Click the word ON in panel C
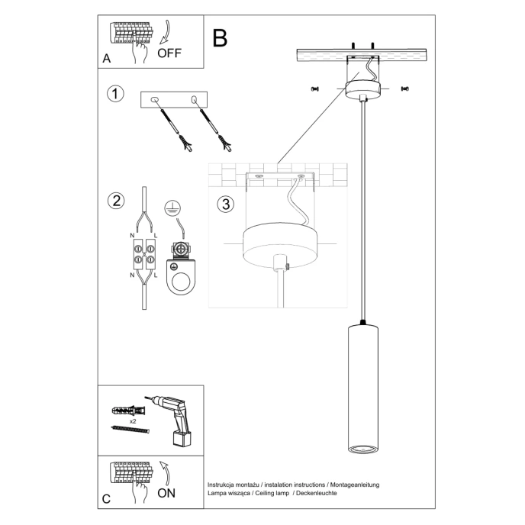167,493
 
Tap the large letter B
220,38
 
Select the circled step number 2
115,201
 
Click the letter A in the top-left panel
106,59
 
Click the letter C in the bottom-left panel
106,500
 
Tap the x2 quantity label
133,420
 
